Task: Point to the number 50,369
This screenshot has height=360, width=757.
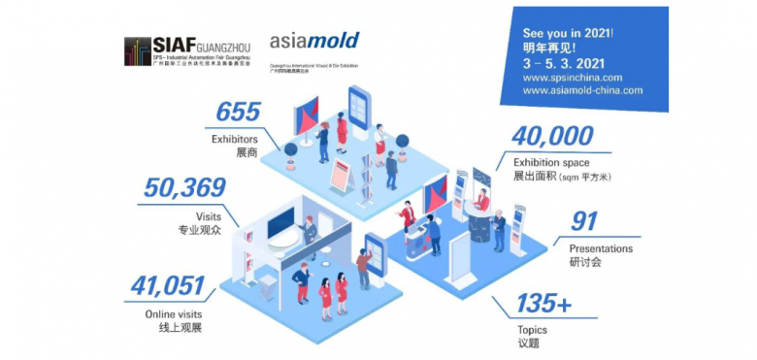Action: tap(184, 188)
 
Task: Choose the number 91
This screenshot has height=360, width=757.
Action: tap(584, 222)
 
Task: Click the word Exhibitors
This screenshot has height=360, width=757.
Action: tap(236, 138)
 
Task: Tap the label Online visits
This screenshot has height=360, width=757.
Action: tap(175, 311)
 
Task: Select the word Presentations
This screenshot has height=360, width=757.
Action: tap(601, 248)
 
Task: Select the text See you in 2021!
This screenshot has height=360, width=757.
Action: tap(567, 31)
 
